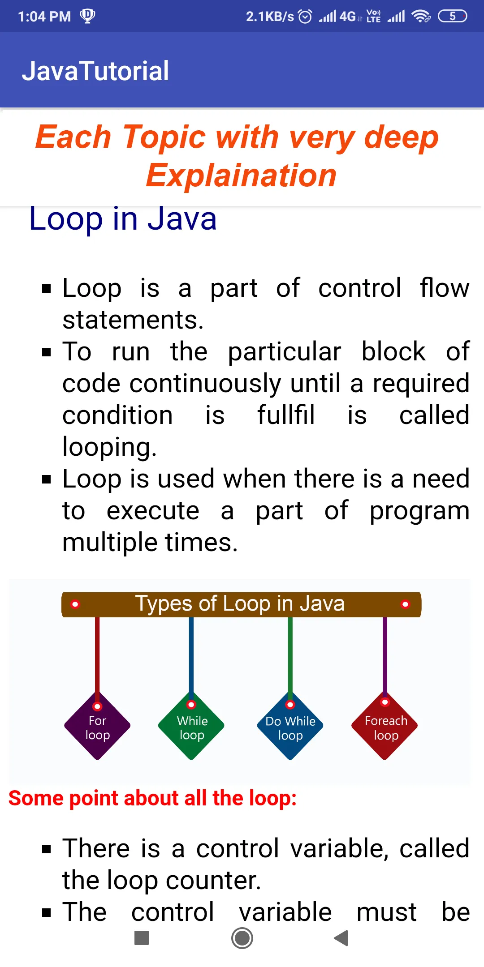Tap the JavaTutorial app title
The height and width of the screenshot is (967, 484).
[95, 71]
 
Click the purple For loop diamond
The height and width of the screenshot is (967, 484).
[97, 726]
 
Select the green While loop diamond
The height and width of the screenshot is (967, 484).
[191, 726]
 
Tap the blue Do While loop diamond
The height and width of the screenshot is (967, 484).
[290, 726]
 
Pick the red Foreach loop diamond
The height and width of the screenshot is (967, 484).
[385, 726]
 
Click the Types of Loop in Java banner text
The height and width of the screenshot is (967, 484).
[240, 603]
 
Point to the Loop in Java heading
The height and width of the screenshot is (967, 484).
[123, 218]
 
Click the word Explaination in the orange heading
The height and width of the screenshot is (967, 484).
[241, 175]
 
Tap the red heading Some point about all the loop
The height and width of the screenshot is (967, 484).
[152, 798]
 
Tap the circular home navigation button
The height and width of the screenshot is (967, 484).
[242, 938]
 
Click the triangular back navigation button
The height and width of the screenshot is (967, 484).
[341, 938]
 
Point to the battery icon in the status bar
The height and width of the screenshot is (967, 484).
[453, 17]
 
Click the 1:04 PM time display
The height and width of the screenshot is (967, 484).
[44, 17]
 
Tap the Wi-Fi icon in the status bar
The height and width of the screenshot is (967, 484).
[421, 17]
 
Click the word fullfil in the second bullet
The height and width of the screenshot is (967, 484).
[286, 415]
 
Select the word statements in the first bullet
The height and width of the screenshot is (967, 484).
[133, 320]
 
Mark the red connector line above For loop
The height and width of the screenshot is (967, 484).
[97, 655]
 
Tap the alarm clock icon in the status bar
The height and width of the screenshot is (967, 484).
[305, 17]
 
